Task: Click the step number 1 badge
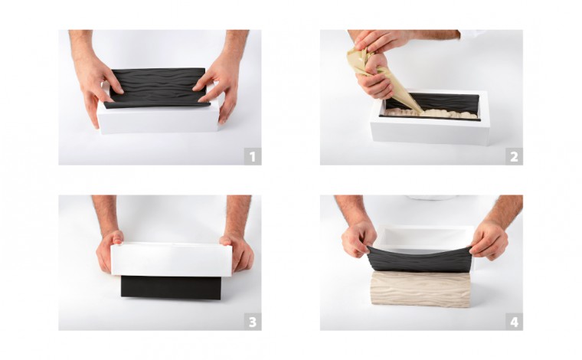click(x=252, y=156)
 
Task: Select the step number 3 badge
click(x=252, y=322)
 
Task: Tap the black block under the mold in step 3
click(x=171, y=287)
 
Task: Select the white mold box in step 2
click(x=430, y=130)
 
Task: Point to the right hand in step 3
click(x=237, y=249)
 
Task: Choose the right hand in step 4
click(x=488, y=238)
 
